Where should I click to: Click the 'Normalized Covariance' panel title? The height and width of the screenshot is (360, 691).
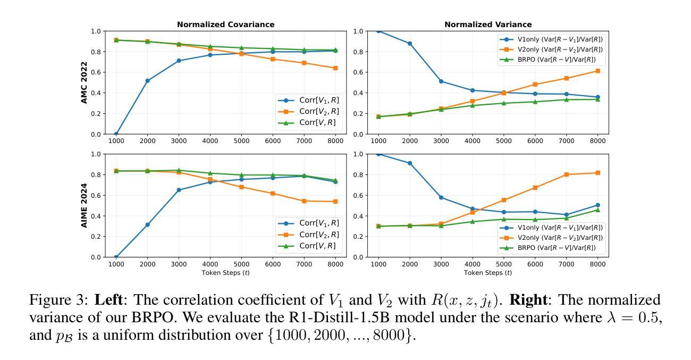225,24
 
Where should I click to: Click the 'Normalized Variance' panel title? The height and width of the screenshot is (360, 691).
488,24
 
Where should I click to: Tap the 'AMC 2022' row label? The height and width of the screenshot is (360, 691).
84,82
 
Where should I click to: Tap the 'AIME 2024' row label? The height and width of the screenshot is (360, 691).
84,205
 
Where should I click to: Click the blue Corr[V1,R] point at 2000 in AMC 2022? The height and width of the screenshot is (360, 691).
147,81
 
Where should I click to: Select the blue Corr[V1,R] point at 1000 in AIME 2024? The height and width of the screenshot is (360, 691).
116,257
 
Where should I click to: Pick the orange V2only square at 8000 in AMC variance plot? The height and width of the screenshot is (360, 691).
597,71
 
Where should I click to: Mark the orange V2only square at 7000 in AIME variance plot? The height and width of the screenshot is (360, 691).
566,174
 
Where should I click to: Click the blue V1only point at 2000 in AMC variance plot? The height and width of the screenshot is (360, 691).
410,44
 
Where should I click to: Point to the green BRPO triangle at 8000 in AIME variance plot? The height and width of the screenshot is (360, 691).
597,210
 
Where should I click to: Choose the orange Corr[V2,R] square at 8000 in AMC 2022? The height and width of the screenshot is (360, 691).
335,68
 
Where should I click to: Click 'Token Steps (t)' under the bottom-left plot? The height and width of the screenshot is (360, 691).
225,273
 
